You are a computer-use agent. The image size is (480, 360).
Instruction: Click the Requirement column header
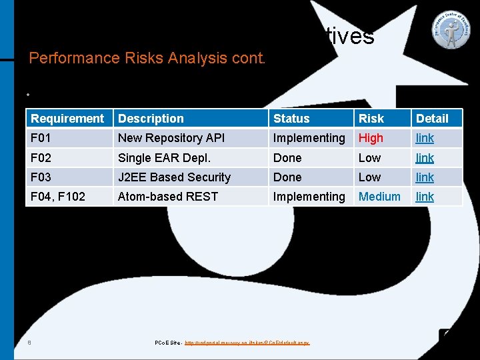pyautogui.click(x=67, y=119)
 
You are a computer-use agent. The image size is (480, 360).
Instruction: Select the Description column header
pyautogui.click(x=151, y=119)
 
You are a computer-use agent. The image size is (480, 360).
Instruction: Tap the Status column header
pyautogui.click(x=291, y=119)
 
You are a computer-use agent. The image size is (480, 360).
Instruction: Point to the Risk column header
pyautogui.click(x=371, y=119)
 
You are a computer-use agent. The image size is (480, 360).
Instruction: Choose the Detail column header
pyautogui.click(x=432, y=119)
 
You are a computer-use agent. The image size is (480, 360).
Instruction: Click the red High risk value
pyautogui.click(x=371, y=138)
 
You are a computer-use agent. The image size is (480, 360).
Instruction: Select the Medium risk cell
pyautogui.click(x=379, y=197)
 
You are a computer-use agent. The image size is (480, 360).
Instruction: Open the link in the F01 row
pyautogui.click(x=425, y=138)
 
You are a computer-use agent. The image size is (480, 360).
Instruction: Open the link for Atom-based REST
pyautogui.click(x=425, y=197)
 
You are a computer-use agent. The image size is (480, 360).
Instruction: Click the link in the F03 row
pyautogui.click(x=425, y=177)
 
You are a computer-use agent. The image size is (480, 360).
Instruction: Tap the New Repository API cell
pyautogui.click(x=171, y=138)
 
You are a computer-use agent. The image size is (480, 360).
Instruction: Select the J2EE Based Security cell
pyautogui.click(x=174, y=177)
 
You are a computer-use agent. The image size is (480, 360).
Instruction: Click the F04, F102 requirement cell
pyautogui.click(x=58, y=197)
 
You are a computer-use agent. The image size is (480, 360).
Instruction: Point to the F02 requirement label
pyautogui.click(x=41, y=158)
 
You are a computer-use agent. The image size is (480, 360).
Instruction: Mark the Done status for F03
pyautogui.click(x=287, y=177)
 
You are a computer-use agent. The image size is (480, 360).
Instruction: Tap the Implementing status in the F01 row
pyautogui.click(x=309, y=138)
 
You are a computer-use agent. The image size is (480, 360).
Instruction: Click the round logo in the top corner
pyautogui.click(x=451, y=30)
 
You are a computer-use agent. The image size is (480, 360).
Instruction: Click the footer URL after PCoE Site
pyautogui.click(x=247, y=343)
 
